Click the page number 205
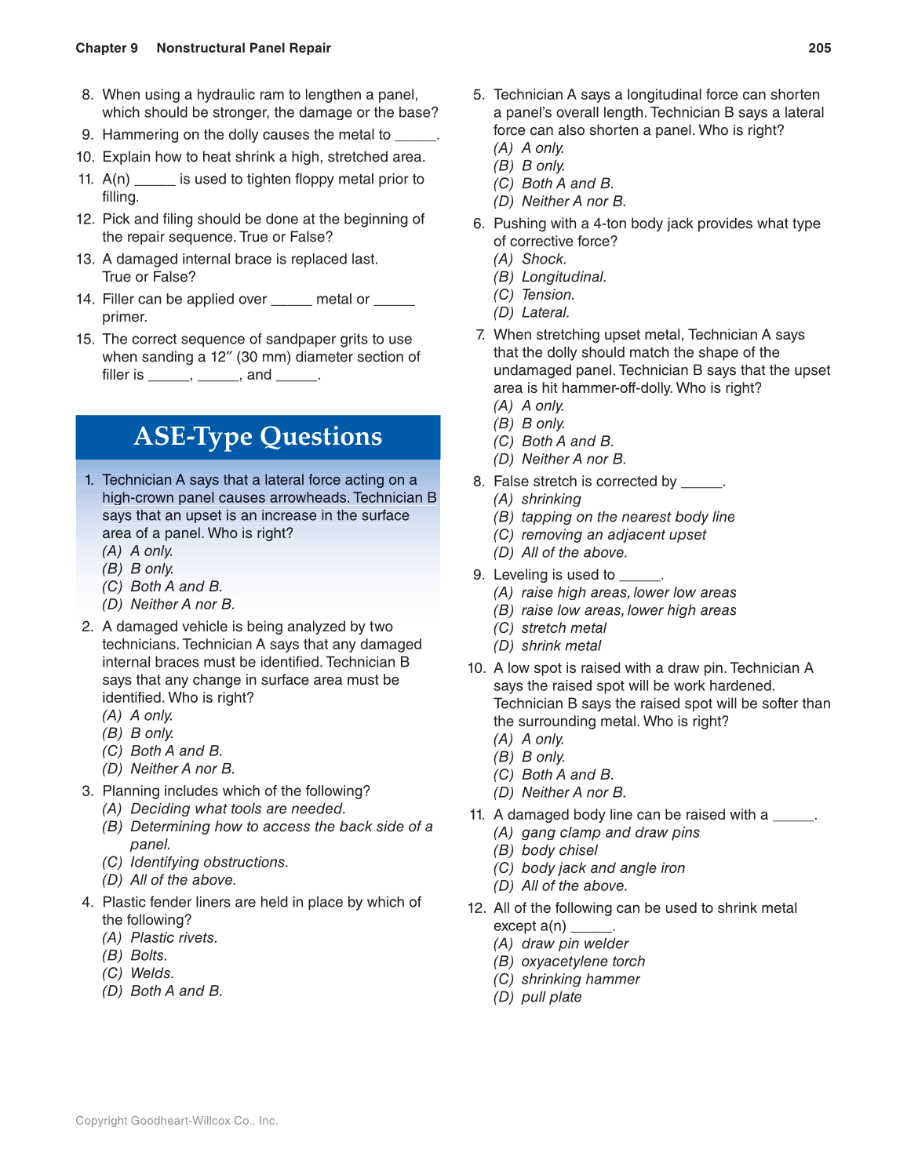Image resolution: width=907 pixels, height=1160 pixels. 819,48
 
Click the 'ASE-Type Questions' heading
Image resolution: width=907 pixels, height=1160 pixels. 257,436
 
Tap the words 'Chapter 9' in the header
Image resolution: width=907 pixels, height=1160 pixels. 107,48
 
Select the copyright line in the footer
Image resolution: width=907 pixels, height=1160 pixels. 177,1121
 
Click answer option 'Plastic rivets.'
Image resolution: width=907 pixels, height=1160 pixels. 173,938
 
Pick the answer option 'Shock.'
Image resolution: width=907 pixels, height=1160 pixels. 544,260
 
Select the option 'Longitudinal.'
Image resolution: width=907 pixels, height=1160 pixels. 563,277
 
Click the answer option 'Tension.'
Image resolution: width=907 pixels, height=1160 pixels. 548,295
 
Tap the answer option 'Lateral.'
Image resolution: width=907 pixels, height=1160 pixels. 545,313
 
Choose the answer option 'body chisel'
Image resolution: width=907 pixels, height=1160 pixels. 559,851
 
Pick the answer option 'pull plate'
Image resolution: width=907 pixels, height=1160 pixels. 552,998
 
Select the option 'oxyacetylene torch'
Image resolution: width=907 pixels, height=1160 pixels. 583,962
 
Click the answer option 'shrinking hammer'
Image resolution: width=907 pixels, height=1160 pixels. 581,980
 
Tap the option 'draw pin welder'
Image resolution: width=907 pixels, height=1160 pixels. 575,944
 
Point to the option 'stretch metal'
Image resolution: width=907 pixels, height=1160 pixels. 564,628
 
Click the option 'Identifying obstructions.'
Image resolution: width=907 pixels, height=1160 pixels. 209,863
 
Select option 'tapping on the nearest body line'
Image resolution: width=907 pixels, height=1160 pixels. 628,518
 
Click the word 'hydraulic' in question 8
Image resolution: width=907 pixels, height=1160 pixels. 226,95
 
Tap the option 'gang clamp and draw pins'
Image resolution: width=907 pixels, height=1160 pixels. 610,833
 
